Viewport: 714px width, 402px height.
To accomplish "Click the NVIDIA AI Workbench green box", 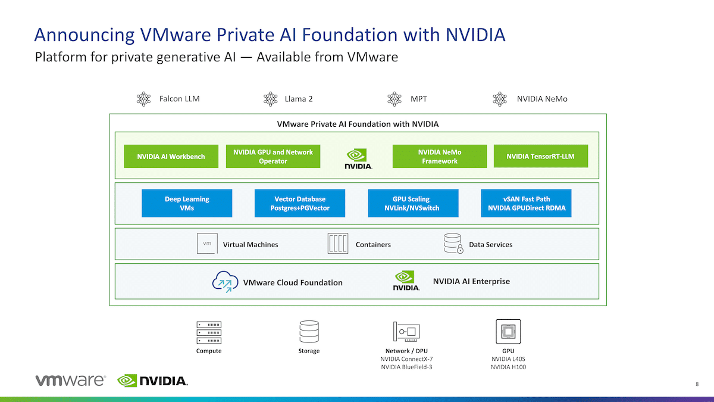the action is [x=171, y=156].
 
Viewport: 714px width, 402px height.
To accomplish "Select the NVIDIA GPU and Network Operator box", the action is [x=273, y=156].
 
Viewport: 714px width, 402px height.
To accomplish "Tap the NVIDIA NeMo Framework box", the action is [x=440, y=156].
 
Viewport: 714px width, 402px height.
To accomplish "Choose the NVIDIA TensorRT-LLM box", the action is [x=541, y=156].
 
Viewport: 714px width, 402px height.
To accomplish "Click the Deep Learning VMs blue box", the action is [x=187, y=203].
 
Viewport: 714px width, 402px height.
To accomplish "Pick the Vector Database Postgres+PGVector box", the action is [x=300, y=203].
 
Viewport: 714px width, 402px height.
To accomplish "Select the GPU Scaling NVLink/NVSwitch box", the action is [x=413, y=203].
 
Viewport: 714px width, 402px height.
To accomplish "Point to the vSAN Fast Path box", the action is [x=526, y=203].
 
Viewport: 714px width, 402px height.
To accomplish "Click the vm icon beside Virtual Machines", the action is [x=207, y=244].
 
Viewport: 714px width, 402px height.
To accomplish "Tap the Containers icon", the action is [x=338, y=244].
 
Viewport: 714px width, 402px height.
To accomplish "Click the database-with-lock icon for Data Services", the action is [x=453, y=244].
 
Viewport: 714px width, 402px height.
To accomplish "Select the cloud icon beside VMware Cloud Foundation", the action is [x=226, y=282].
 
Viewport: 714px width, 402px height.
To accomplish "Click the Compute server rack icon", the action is [x=209, y=332].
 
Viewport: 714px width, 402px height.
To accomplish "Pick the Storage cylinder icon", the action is [x=309, y=332].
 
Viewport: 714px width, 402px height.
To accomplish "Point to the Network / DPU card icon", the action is [x=406, y=332].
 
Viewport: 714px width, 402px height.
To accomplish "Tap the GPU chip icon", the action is [x=508, y=332].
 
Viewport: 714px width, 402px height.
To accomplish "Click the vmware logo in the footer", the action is [x=70, y=381].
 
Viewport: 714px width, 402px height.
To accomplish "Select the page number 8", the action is [x=697, y=384].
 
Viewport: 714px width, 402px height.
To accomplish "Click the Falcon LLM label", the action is [x=180, y=99].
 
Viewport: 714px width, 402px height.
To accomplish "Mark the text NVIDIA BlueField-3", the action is [x=406, y=367].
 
